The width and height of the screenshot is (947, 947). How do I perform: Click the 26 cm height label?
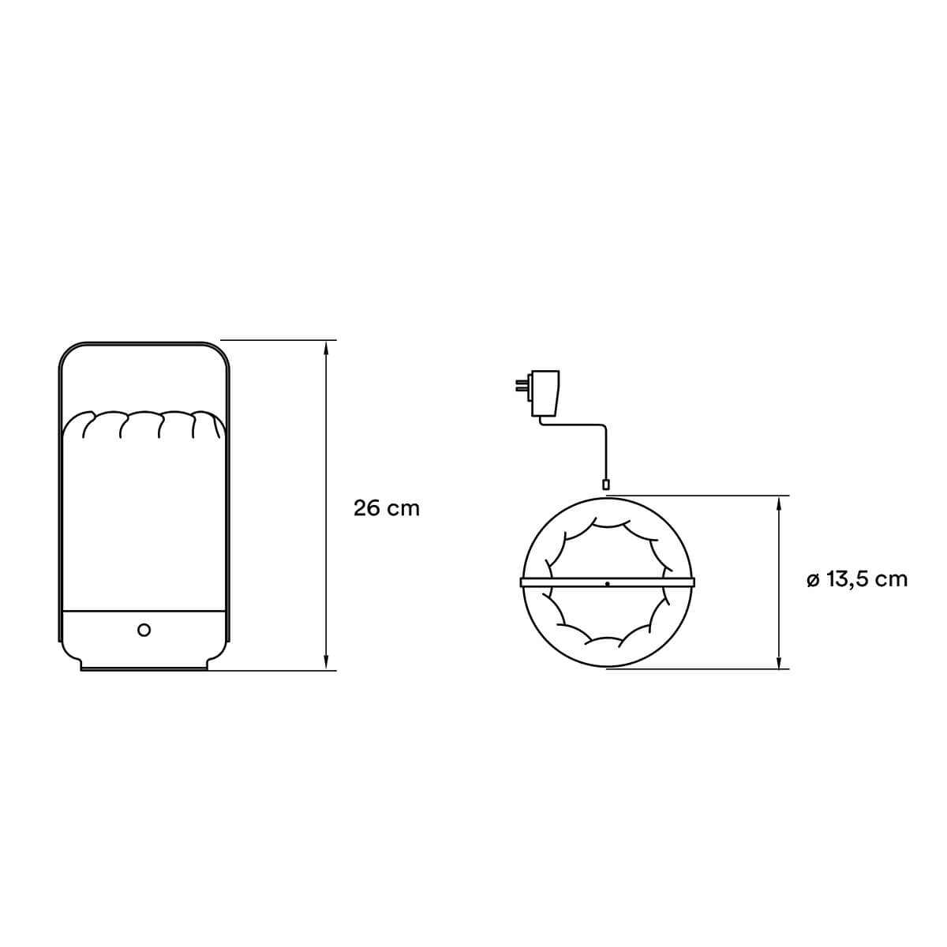pyautogui.click(x=386, y=508)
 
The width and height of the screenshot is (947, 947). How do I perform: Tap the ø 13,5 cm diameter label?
pyautogui.click(x=856, y=580)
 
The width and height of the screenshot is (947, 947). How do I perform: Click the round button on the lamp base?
pyautogui.click(x=144, y=630)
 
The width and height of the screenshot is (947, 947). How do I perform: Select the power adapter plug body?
pyautogui.click(x=545, y=393)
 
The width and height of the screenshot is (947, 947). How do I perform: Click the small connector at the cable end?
pyautogui.click(x=606, y=485)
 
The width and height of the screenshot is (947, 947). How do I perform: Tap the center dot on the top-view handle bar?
pyautogui.click(x=608, y=584)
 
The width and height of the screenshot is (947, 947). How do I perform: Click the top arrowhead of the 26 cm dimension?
pyautogui.click(x=325, y=347)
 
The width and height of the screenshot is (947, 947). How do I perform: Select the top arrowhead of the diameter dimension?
pyautogui.click(x=778, y=503)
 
